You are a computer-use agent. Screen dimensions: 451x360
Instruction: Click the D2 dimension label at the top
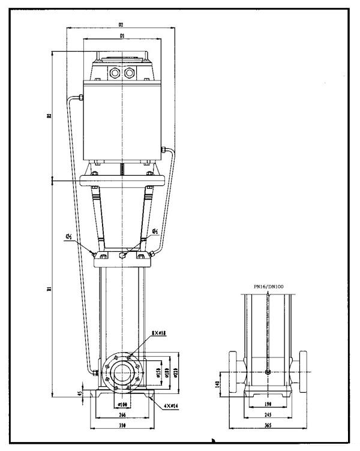pos(121,25)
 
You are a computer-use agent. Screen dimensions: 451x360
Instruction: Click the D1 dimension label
pos(121,36)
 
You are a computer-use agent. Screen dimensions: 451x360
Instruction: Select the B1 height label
pos(49,289)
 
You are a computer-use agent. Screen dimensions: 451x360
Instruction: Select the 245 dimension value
pos(268,414)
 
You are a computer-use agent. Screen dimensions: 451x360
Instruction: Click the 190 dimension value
pos(268,404)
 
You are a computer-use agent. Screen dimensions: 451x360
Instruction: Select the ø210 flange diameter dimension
pos(175,372)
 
